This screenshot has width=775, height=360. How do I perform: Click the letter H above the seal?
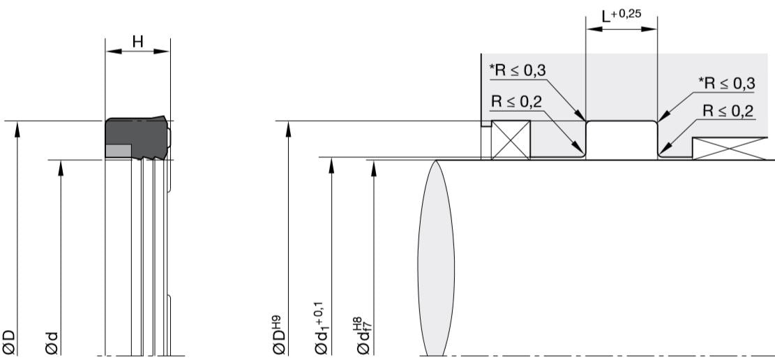pyautogui.click(x=138, y=42)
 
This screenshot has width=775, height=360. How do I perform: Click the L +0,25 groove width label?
pyautogui.click(x=621, y=16)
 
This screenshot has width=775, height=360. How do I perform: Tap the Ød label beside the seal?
pyautogui.click(x=52, y=343)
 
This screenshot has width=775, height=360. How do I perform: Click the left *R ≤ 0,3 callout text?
pyautogui.click(x=518, y=71)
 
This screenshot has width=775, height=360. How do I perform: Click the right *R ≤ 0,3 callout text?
pyautogui.click(x=726, y=84)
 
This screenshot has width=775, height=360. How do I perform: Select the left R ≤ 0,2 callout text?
pyautogui.click(x=516, y=102)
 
